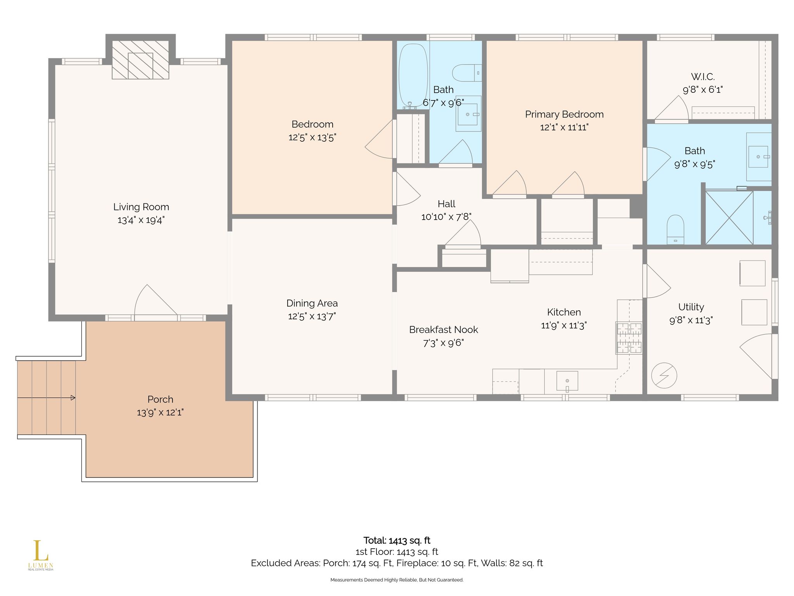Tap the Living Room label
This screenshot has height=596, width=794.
point(141,207)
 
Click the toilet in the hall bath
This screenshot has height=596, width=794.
point(467,73)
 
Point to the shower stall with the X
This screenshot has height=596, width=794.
point(729,218)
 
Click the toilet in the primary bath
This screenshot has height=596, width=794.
point(675,229)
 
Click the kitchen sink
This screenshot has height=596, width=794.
point(567,381)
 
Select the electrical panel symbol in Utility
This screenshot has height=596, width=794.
point(664,376)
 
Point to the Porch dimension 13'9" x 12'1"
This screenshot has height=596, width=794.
point(160,412)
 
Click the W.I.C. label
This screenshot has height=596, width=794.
point(703,76)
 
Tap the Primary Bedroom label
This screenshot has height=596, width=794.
point(564,114)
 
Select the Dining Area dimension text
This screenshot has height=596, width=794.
point(312,317)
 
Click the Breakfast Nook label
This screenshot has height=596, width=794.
point(444,330)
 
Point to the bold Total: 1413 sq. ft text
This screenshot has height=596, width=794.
point(397,541)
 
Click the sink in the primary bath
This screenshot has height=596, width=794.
point(758,157)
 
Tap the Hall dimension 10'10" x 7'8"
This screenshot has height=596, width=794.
point(446,217)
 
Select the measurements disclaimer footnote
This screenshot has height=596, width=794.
point(397,580)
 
